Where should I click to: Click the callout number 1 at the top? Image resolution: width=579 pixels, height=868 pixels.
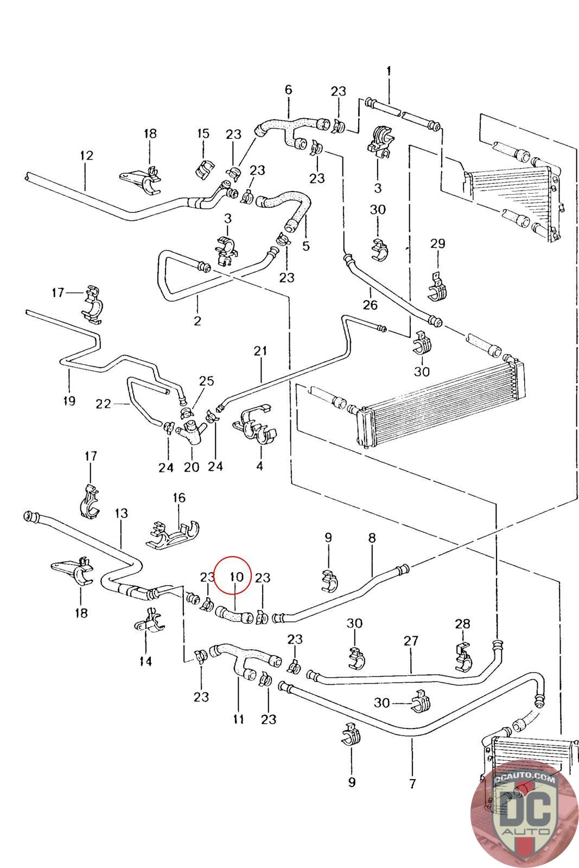(x=389, y=71)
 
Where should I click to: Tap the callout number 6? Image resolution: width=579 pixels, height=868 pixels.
(x=288, y=90)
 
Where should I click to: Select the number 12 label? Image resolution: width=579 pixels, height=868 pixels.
(x=86, y=156)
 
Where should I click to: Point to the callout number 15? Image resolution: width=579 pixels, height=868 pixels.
(x=203, y=133)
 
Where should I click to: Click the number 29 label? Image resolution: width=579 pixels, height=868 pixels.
(x=437, y=244)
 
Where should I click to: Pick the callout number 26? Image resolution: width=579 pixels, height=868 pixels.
(x=370, y=305)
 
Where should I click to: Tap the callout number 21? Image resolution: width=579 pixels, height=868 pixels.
(x=261, y=351)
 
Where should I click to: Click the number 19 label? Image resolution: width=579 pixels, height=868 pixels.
(x=68, y=401)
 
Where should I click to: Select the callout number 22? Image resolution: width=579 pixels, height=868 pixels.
(x=103, y=404)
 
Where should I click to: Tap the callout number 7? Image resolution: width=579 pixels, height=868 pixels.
(x=412, y=783)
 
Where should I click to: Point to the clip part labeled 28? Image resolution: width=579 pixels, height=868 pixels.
(x=463, y=655)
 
